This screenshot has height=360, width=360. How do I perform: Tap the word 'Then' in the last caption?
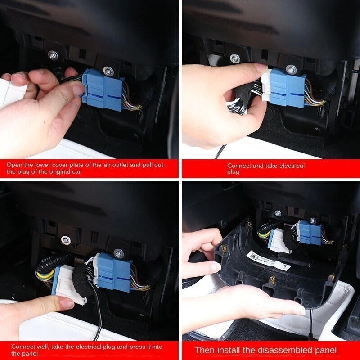[203, 350]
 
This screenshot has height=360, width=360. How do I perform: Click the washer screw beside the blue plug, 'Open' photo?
[108, 71]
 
